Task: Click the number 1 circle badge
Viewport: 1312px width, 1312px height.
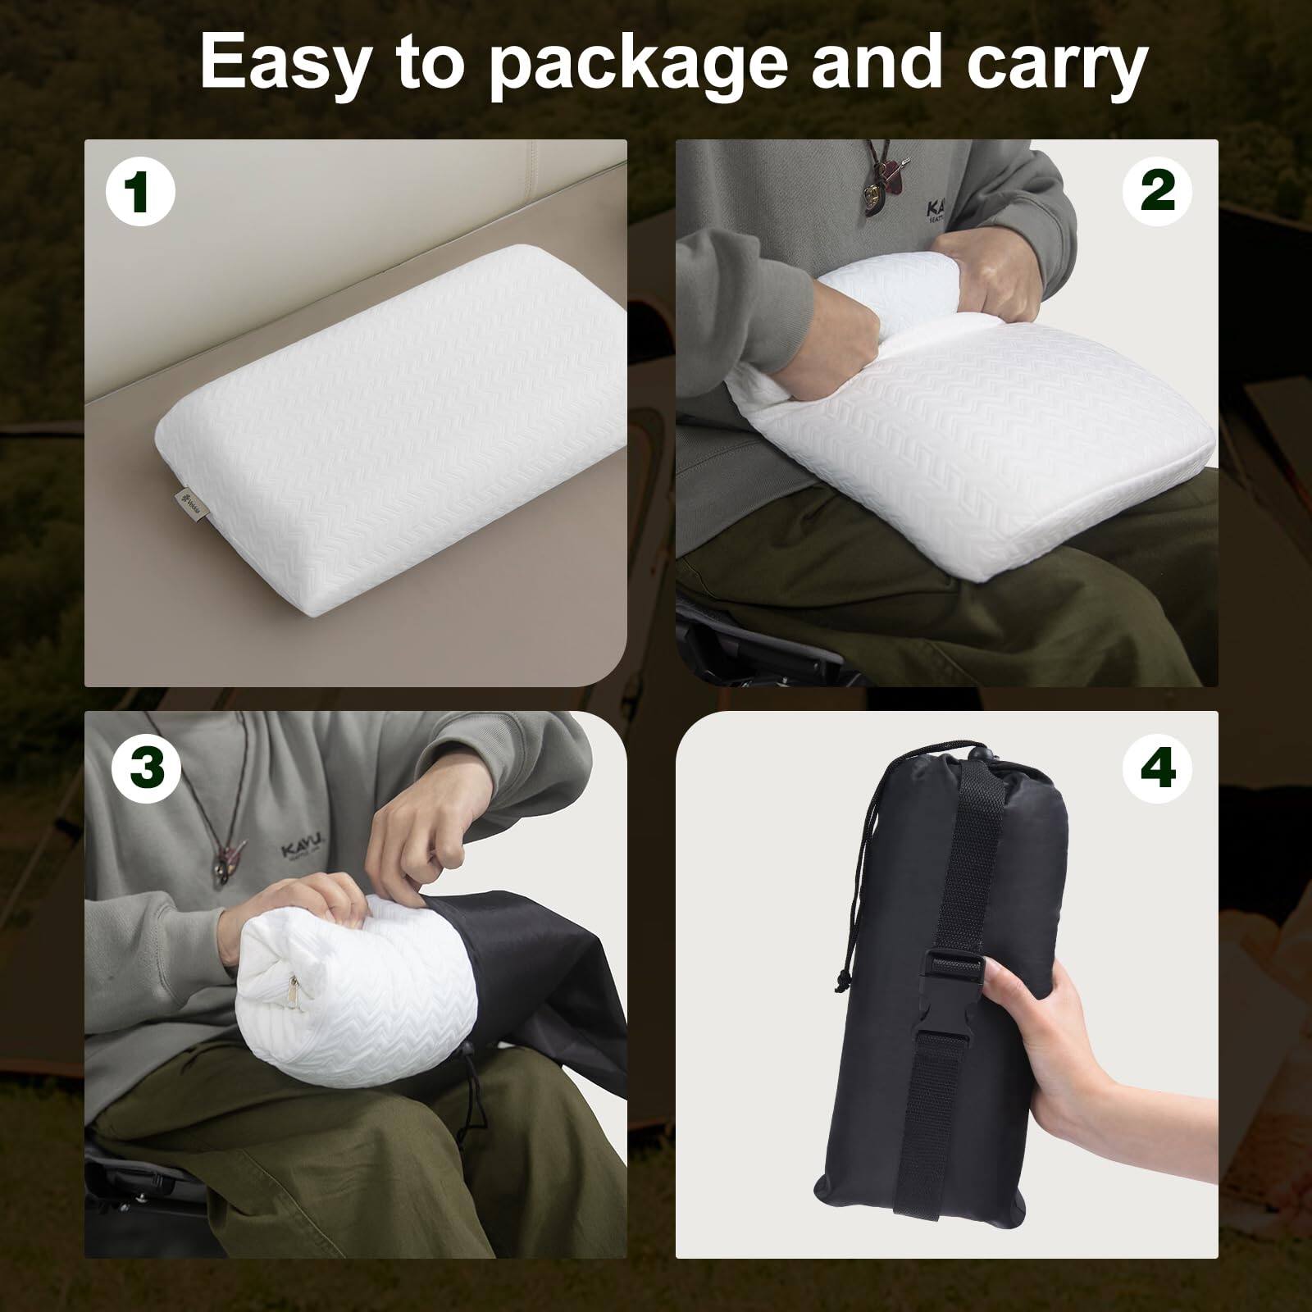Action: pos(139,192)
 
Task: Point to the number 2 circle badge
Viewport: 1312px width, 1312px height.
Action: pos(1157,190)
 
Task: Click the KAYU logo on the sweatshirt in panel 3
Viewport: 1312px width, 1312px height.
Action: pos(302,850)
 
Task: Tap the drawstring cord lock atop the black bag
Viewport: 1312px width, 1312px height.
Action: pos(975,752)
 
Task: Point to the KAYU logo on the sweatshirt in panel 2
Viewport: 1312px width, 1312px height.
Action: pos(934,212)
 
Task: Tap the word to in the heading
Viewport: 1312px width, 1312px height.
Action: pos(430,64)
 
